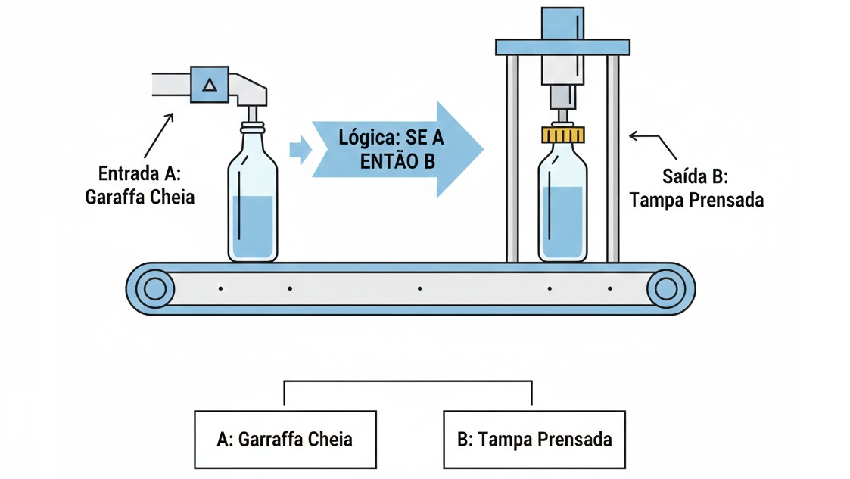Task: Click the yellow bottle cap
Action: tap(564, 135)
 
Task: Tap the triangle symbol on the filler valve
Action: tap(210, 85)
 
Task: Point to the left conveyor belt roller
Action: tap(154, 288)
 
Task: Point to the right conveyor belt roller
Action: tap(665, 288)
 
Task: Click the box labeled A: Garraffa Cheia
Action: tap(285, 440)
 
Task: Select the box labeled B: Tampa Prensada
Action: tap(534, 440)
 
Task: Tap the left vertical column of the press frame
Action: tap(512, 159)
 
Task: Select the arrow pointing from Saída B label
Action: tap(654, 142)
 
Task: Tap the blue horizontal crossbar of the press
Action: tap(562, 47)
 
